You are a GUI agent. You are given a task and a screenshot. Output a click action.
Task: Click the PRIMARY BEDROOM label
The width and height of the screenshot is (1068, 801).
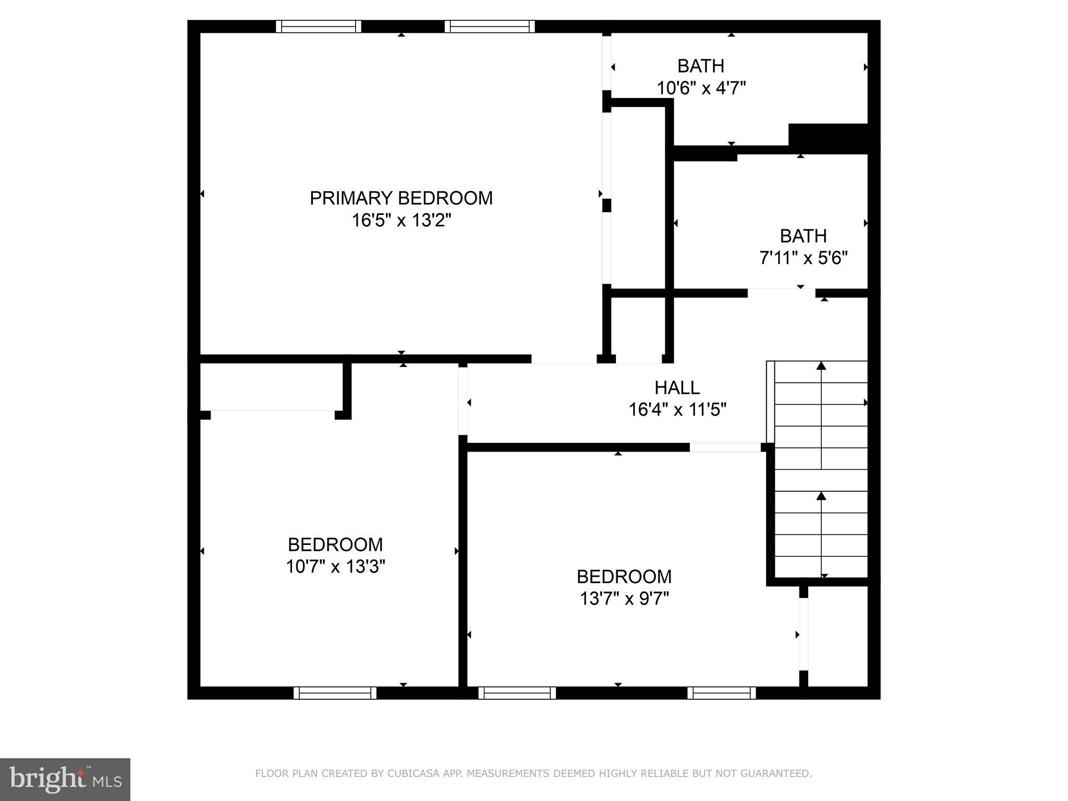[401, 198]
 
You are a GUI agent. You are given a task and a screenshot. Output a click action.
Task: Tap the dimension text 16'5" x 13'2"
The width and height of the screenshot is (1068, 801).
[401, 221]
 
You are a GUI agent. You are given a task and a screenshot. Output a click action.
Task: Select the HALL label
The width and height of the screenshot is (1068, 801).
[677, 387]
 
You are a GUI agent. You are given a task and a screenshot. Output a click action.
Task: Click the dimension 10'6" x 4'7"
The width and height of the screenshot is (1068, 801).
[701, 88]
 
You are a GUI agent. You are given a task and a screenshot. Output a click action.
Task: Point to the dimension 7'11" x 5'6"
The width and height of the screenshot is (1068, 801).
[803, 258]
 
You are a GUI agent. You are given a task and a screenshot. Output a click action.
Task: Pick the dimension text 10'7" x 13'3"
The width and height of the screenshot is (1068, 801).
[335, 566]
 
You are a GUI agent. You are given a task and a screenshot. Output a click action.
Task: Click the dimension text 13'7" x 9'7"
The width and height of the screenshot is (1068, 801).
[624, 599]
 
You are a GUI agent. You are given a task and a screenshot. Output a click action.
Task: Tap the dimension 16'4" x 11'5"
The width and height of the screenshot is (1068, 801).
[677, 410]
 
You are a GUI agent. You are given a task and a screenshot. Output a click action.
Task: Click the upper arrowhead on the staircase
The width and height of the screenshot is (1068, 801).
[821, 366]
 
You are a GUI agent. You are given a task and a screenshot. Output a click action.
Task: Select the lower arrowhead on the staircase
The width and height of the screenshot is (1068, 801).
[821, 495]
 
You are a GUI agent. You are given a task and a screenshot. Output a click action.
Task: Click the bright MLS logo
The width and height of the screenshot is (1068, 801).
[65, 779]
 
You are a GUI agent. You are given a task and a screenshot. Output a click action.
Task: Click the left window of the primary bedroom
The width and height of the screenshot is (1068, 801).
[318, 27]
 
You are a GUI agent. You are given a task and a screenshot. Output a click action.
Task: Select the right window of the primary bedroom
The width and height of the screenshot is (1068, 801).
[490, 27]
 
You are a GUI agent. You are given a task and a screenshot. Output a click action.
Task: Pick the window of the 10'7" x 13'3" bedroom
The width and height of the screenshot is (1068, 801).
[335, 693]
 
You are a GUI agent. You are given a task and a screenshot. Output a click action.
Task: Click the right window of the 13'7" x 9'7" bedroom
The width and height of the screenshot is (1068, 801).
[721, 693]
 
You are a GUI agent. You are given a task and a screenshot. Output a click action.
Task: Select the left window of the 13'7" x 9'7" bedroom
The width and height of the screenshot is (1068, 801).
[517, 693]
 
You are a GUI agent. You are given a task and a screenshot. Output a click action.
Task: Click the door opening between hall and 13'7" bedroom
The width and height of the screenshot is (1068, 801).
[725, 447]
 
